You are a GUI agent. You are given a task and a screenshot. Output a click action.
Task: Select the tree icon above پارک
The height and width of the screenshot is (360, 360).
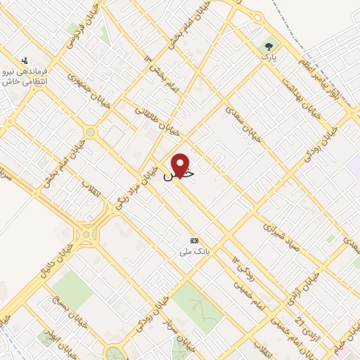268,47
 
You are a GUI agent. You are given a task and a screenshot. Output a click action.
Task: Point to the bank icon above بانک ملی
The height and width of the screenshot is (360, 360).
195,240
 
